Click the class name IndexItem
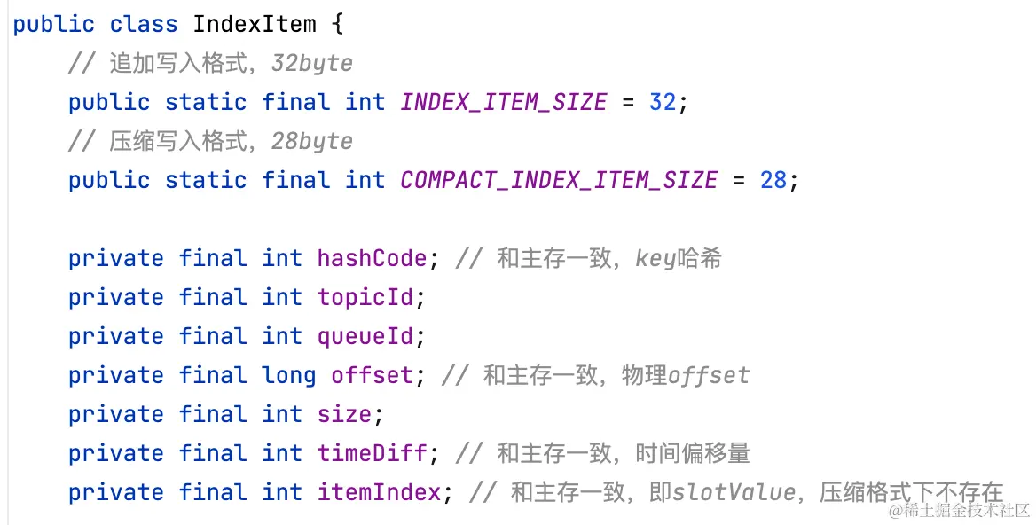pos(254,24)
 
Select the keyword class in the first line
pos(144,24)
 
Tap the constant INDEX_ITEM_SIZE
pos(503,102)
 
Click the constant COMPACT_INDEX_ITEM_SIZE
pos(558,180)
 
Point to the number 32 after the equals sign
pos(663,102)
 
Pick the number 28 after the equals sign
pos(773,180)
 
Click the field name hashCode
pos(372,258)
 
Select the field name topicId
pos(365,297)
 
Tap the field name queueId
pos(365,336)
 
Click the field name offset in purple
pos(372,375)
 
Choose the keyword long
pos(288,375)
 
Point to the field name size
pos(344,414)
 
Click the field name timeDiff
pos(372,453)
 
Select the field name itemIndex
pos(379,492)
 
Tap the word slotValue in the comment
pos(734,492)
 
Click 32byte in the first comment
pos(312,64)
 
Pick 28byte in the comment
pos(312,142)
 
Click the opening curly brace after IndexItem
pos(336,24)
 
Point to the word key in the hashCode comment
pos(655,259)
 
